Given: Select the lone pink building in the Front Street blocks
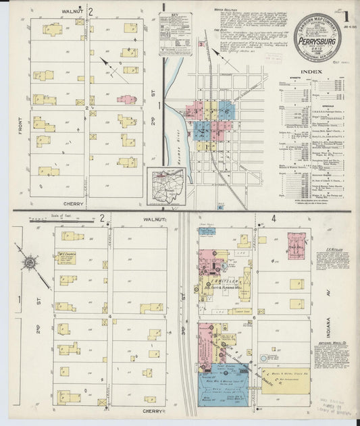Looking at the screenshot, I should (x=126, y=99).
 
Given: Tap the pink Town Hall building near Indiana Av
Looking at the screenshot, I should (x=297, y=246).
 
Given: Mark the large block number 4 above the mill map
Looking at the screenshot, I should (x=274, y=219).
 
